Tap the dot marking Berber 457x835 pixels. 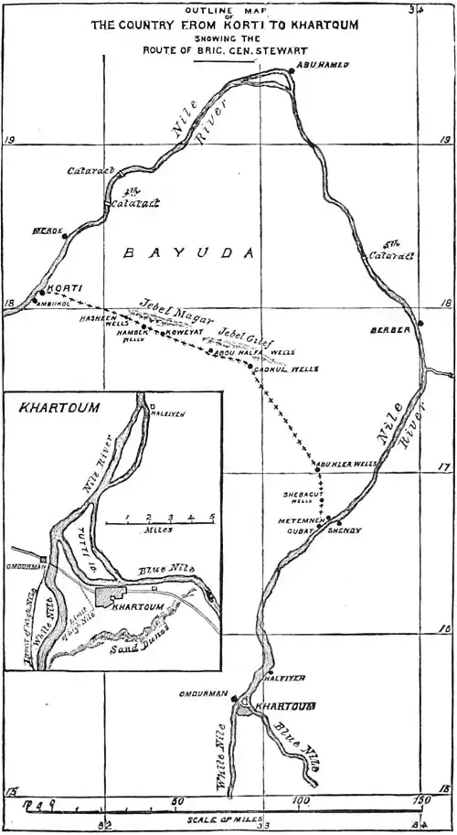420,323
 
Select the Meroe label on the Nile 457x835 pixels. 47,232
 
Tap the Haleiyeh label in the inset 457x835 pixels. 166,412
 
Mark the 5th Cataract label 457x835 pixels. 399,249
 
